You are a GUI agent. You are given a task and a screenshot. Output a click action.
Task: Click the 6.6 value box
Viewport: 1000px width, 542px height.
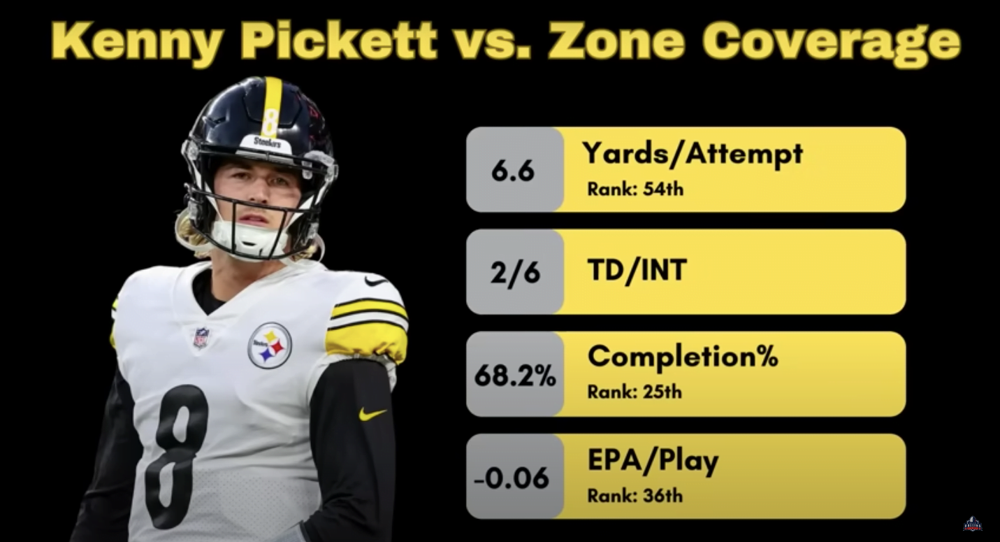(x=514, y=170)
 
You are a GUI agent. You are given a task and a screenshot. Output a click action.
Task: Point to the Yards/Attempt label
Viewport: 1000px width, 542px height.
(x=693, y=154)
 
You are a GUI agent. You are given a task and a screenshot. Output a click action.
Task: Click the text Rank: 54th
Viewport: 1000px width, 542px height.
(x=635, y=189)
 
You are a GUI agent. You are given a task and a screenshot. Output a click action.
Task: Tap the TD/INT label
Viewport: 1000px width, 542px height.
(x=637, y=270)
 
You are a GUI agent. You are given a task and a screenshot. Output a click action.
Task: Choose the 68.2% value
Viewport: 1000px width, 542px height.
(x=515, y=375)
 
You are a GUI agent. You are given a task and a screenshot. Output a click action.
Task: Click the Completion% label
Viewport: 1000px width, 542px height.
(x=683, y=357)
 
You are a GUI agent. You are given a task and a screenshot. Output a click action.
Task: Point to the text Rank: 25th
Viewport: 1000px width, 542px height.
(x=635, y=392)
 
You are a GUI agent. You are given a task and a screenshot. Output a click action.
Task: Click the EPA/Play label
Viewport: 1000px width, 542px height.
(x=653, y=461)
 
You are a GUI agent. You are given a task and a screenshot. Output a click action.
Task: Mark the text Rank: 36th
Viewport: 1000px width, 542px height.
(x=635, y=496)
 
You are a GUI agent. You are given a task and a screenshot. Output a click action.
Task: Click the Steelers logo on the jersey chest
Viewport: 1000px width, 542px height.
(x=270, y=345)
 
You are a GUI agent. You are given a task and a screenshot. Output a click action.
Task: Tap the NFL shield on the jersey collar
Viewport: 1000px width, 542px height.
(x=201, y=338)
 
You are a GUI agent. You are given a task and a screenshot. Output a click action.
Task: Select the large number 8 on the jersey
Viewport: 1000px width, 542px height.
(x=177, y=455)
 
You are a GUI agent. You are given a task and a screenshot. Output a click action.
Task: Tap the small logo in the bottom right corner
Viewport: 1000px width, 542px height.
(x=973, y=524)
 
